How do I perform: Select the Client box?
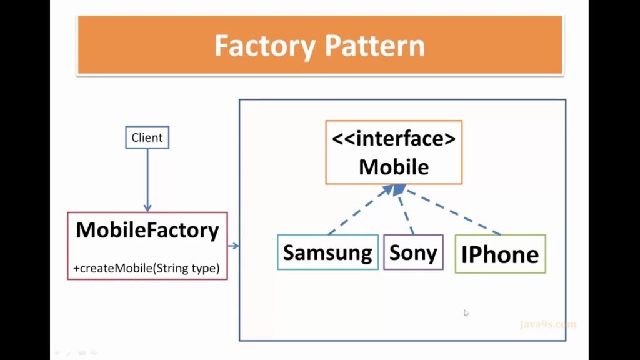point(147,137)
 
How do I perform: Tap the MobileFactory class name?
point(147,231)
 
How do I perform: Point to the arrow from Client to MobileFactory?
point(147,178)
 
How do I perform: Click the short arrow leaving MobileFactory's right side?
point(233,246)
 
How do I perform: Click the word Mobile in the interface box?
point(394,167)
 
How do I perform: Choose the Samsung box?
point(327,252)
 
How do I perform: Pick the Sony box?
point(413,252)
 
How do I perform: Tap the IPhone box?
point(500,254)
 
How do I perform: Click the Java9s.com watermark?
point(547,324)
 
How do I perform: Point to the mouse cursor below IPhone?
point(466,313)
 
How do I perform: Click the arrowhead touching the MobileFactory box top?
point(147,207)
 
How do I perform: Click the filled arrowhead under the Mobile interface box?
point(399,188)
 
